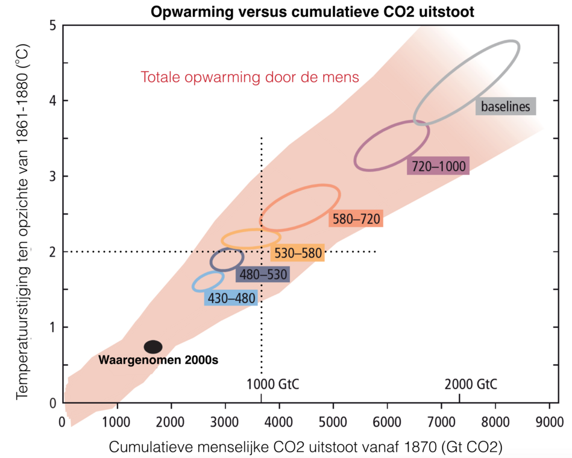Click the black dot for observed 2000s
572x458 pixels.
point(153,347)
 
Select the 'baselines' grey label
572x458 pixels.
point(505,107)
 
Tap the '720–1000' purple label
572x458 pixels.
point(438,166)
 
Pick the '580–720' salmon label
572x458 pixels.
point(356,219)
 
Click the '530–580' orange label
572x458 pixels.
point(298,253)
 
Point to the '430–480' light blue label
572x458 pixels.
point(231,298)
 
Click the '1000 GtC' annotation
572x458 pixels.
point(273,384)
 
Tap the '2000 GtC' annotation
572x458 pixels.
point(471,384)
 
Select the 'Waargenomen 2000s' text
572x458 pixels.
point(158,360)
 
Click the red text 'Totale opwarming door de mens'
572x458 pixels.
point(250,77)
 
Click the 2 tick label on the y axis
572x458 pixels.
point(53,252)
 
